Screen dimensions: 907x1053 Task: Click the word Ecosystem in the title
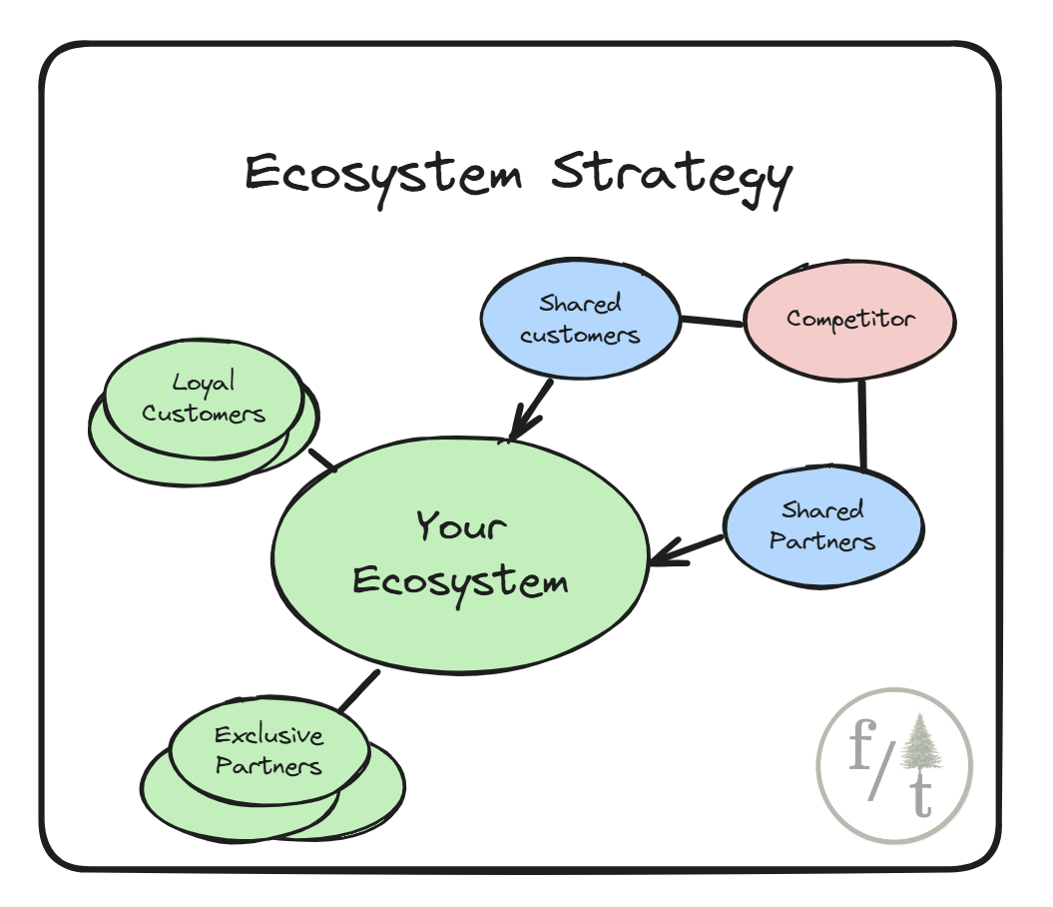[384, 175]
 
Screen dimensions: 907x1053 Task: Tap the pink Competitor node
[849, 320]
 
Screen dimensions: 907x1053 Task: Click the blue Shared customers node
[580, 319]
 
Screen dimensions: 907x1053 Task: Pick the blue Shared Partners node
[822, 525]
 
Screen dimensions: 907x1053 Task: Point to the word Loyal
[203, 382]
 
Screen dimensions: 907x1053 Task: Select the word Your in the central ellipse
[461, 525]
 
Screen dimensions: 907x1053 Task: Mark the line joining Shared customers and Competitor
[713, 322]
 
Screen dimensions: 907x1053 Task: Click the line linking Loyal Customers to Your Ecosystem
[321, 460]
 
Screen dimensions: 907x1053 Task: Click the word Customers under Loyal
[204, 413]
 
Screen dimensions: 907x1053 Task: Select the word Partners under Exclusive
[268, 766]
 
